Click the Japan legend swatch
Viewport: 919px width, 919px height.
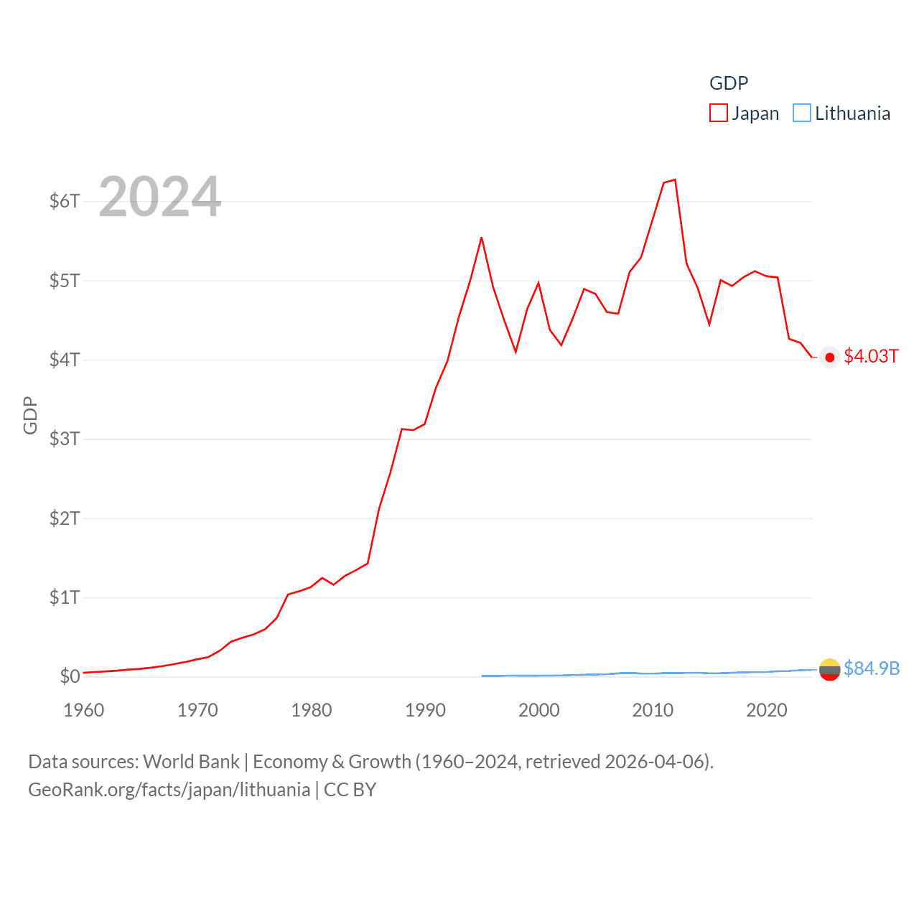point(719,113)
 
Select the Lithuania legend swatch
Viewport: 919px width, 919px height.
point(802,113)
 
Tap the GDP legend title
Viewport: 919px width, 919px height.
point(729,83)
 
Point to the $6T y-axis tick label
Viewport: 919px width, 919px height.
point(65,201)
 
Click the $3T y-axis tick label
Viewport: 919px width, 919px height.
point(65,439)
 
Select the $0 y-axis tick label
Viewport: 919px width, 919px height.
point(70,676)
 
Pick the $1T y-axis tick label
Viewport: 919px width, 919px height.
point(65,597)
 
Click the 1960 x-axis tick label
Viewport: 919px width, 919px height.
point(84,710)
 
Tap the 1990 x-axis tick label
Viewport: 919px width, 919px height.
point(425,710)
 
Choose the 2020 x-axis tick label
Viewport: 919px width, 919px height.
point(767,710)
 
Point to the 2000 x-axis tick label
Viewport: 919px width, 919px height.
point(539,710)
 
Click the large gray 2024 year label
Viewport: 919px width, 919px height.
point(160,197)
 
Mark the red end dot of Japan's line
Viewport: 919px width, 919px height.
point(830,358)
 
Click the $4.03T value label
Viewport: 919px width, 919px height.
point(871,357)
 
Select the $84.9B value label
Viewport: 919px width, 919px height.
point(872,668)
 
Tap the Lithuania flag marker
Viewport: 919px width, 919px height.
point(830,670)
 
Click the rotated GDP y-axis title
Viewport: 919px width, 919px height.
point(30,415)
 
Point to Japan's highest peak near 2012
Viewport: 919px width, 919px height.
point(675,179)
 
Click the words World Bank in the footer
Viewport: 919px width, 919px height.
point(192,762)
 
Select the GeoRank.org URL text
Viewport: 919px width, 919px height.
point(169,790)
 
